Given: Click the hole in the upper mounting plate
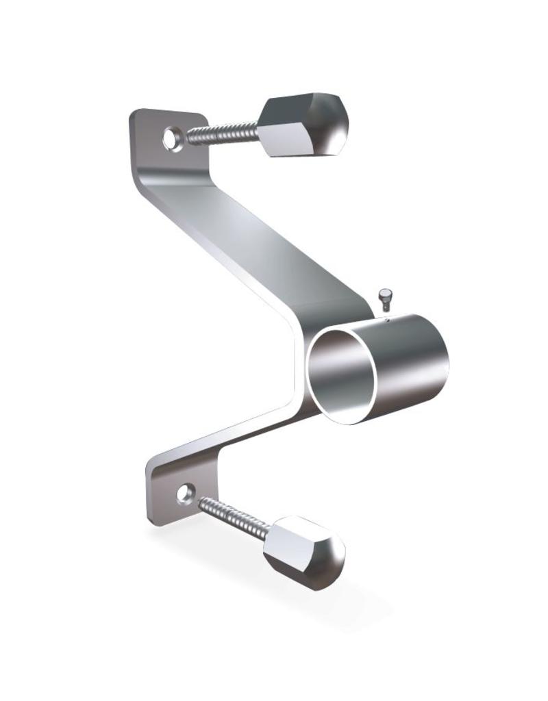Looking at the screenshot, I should (171, 139).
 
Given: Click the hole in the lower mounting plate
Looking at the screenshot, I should (184, 492).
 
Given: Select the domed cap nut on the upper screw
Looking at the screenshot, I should (305, 127).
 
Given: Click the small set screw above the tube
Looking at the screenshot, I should (384, 296).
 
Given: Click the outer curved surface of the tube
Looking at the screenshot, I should (411, 363).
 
